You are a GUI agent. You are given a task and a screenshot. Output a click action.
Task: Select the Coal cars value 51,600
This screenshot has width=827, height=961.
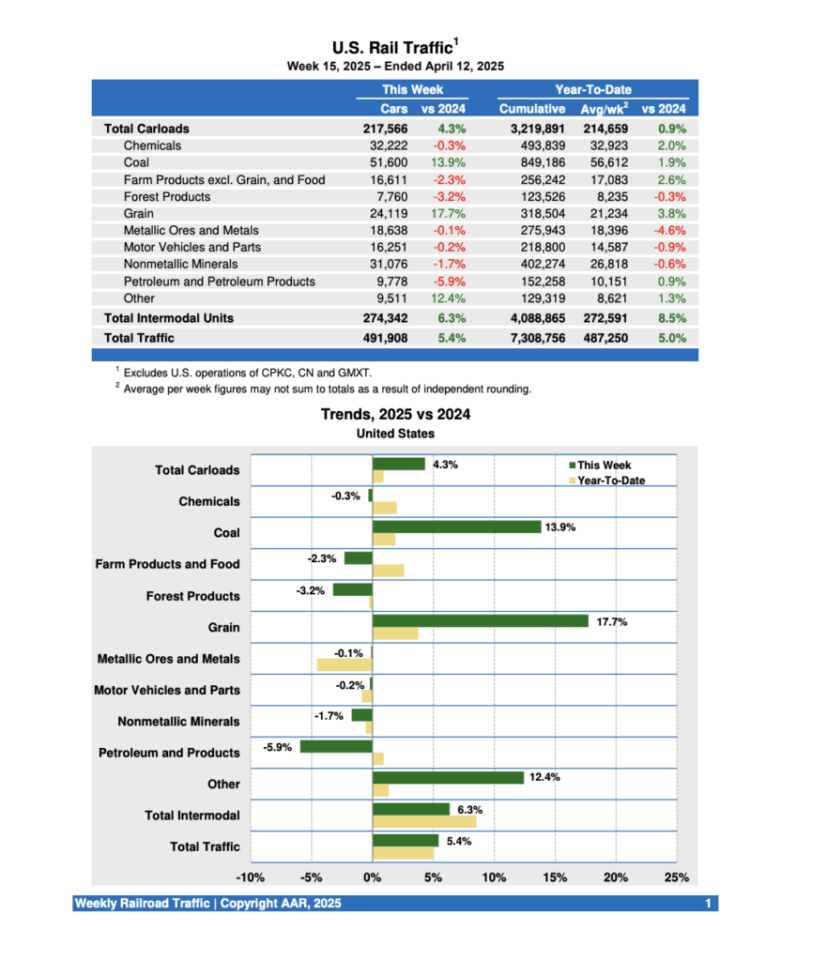point(389,162)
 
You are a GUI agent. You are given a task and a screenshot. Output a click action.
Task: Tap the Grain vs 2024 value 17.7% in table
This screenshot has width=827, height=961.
point(450,213)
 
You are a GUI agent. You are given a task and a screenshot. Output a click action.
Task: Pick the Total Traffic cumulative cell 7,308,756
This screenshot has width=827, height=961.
point(531,338)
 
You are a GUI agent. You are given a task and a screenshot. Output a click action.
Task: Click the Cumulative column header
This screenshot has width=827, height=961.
point(531,110)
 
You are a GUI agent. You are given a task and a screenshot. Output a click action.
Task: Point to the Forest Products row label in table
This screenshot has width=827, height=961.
point(167,196)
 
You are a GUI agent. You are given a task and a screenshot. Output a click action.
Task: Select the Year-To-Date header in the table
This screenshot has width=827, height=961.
point(593,90)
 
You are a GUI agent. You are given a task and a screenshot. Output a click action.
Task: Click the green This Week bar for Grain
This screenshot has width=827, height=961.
point(480,620)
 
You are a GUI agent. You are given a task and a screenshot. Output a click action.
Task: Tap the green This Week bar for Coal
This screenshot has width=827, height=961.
point(456,526)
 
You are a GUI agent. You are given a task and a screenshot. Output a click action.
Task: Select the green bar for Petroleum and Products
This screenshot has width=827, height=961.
point(336,746)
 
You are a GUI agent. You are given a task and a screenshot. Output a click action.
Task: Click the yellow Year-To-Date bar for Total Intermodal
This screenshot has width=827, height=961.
point(424,822)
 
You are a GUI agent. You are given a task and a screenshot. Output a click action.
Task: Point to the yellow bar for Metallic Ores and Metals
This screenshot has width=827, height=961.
point(345,665)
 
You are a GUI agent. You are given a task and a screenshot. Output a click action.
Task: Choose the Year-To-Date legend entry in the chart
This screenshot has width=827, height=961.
point(610,480)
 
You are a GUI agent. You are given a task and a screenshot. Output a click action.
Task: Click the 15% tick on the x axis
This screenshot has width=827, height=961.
point(555,877)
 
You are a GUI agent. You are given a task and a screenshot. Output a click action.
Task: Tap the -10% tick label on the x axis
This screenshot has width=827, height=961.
point(250,877)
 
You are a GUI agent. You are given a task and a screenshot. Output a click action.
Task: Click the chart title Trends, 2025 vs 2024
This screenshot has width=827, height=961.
point(395,414)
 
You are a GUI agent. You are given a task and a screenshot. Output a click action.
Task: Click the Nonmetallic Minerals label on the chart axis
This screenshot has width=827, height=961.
point(178,722)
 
